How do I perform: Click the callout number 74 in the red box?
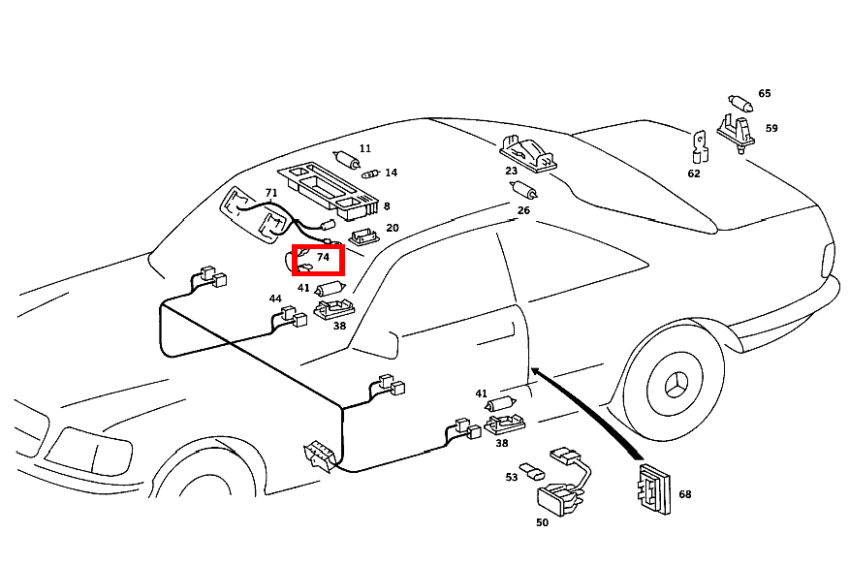click(324, 257)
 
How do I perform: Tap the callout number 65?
click(764, 93)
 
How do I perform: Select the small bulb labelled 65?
click(740, 103)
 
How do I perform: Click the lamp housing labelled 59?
click(737, 133)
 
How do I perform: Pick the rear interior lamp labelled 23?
click(529, 154)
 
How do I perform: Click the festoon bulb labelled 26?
click(523, 190)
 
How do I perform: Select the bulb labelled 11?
click(347, 159)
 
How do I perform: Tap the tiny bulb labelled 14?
click(371, 173)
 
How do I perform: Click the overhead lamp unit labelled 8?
click(329, 191)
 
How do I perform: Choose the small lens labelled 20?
click(363, 236)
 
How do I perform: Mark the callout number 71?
click(271, 193)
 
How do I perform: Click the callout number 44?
click(275, 299)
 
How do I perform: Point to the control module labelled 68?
click(654, 488)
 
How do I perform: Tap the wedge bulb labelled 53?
click(532, 471)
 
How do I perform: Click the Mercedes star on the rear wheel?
click(675, 385)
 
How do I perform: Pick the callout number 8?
click(387, 205)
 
